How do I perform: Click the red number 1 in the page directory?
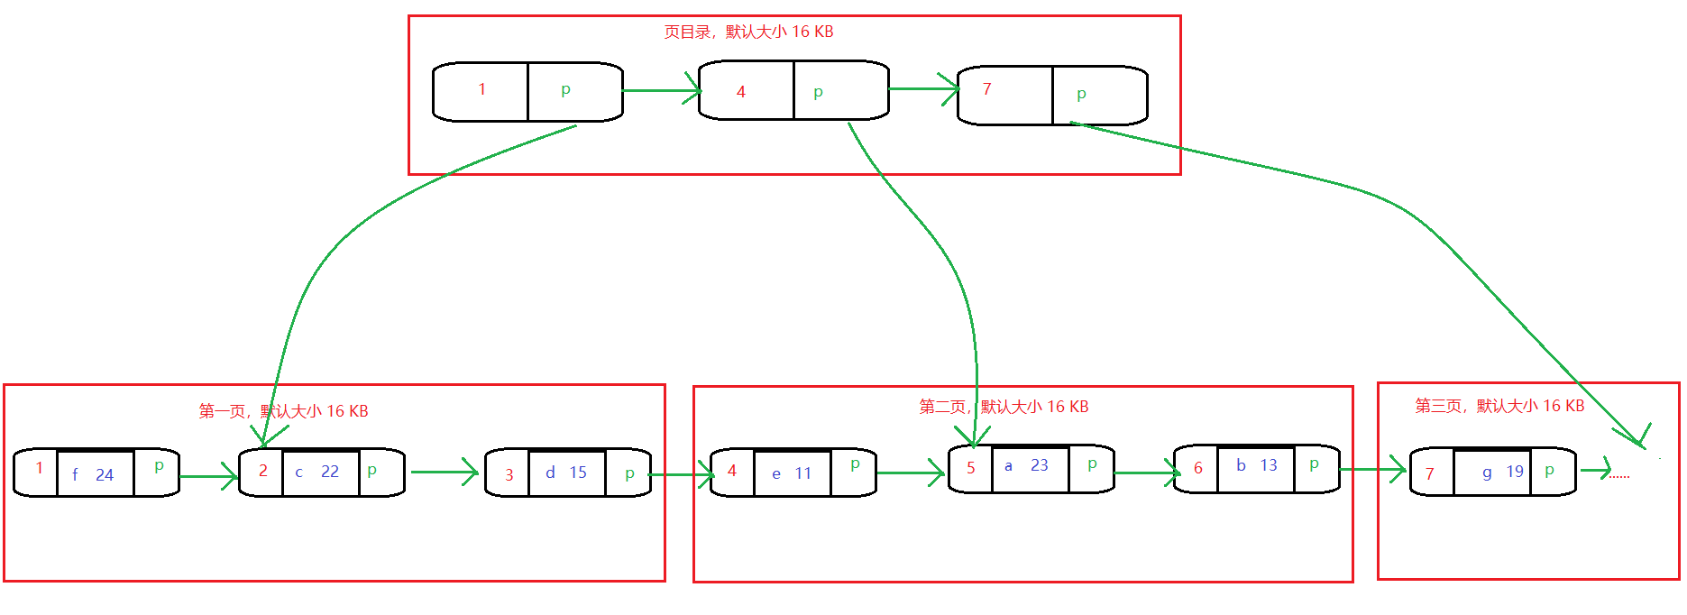[x=482, y=89]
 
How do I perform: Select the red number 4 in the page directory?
[x=741, y=92]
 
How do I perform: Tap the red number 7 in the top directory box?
[x=987, y=89]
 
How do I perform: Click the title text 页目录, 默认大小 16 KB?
[x=748, y=32]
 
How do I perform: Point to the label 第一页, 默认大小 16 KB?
[x=283, y=411]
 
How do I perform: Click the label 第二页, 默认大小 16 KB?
[x=1004, y=407]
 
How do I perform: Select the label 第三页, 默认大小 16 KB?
[x=1499, y=406]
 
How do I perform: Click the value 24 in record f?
[x=105, y=475]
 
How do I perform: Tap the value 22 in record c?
[x=330, y=472]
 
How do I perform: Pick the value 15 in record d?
[x=578, y=473]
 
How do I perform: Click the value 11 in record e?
[x=803, y=473]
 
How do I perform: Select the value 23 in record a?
[x=1040, y=465]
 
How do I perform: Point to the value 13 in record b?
[x=1269, y=465]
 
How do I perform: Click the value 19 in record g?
[x=1515, y=472]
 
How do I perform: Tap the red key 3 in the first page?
[x=509, y=475]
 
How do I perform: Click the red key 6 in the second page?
[x=1198, y=468]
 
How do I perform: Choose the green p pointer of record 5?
[x=1092, y=464]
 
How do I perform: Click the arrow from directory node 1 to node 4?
[x=660, y=90]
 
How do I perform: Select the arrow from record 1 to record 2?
[x=208, y=476]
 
